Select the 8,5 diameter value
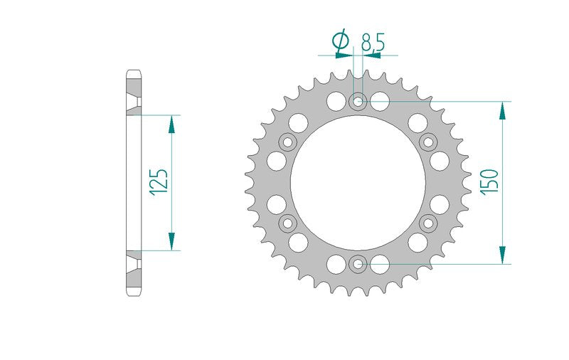pyautogui.click(x=373, y=42)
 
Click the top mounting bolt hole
pyautogui.click(x=358, y=101)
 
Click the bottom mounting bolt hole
pyautogui.click(x=358, y=264)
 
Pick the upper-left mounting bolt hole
pyautogui.click(x=287, y=142)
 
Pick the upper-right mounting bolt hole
pyautogui.click(x=429, y=142)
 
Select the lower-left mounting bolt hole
pyautogui.click(x=287, y=223)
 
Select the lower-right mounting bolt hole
pyautogui.click(x=429, y=223)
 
